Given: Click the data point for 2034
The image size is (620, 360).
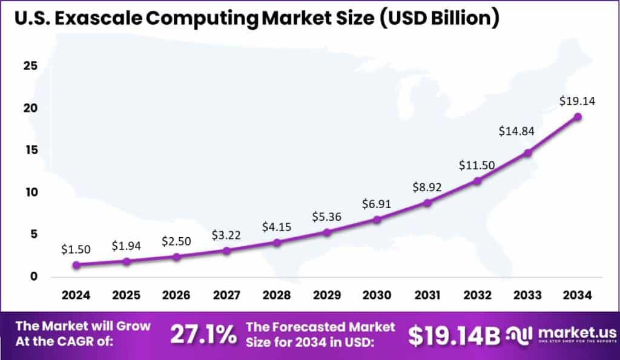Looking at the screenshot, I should pos(578,116).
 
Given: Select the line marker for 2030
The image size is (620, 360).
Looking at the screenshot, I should pos(377,220).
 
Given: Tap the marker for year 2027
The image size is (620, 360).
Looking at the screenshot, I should pos(226,250).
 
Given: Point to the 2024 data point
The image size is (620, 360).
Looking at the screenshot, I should pos(76,265).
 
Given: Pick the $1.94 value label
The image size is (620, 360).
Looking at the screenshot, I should pos(126,246).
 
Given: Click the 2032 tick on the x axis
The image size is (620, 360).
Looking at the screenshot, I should pos(477,296).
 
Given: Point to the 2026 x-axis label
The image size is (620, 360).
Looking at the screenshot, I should pos(176,296).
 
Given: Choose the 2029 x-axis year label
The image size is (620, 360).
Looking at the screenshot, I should pos(327,296).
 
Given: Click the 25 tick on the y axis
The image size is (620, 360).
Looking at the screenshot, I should pos(30,66).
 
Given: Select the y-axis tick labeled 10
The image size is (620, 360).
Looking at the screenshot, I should pos(30,192).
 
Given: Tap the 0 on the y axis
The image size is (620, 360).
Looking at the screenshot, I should pos(34,277).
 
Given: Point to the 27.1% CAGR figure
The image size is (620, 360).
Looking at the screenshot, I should pos(203,335).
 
